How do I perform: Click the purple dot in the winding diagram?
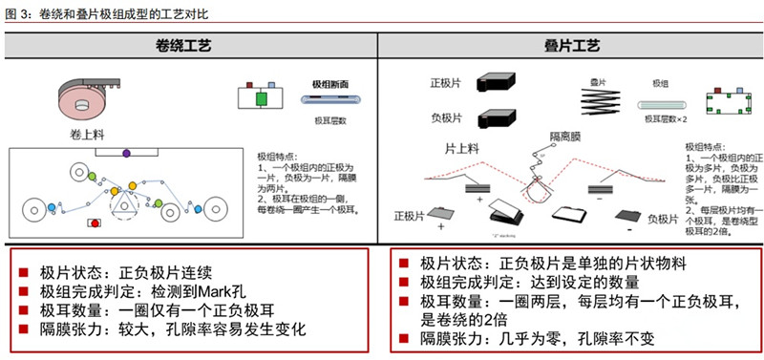(126, 153)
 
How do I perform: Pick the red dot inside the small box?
(94, 222)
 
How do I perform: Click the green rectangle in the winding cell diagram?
(261, 99)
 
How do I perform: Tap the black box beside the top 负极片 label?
(496, 117)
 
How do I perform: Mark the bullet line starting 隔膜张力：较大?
(172, 329)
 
